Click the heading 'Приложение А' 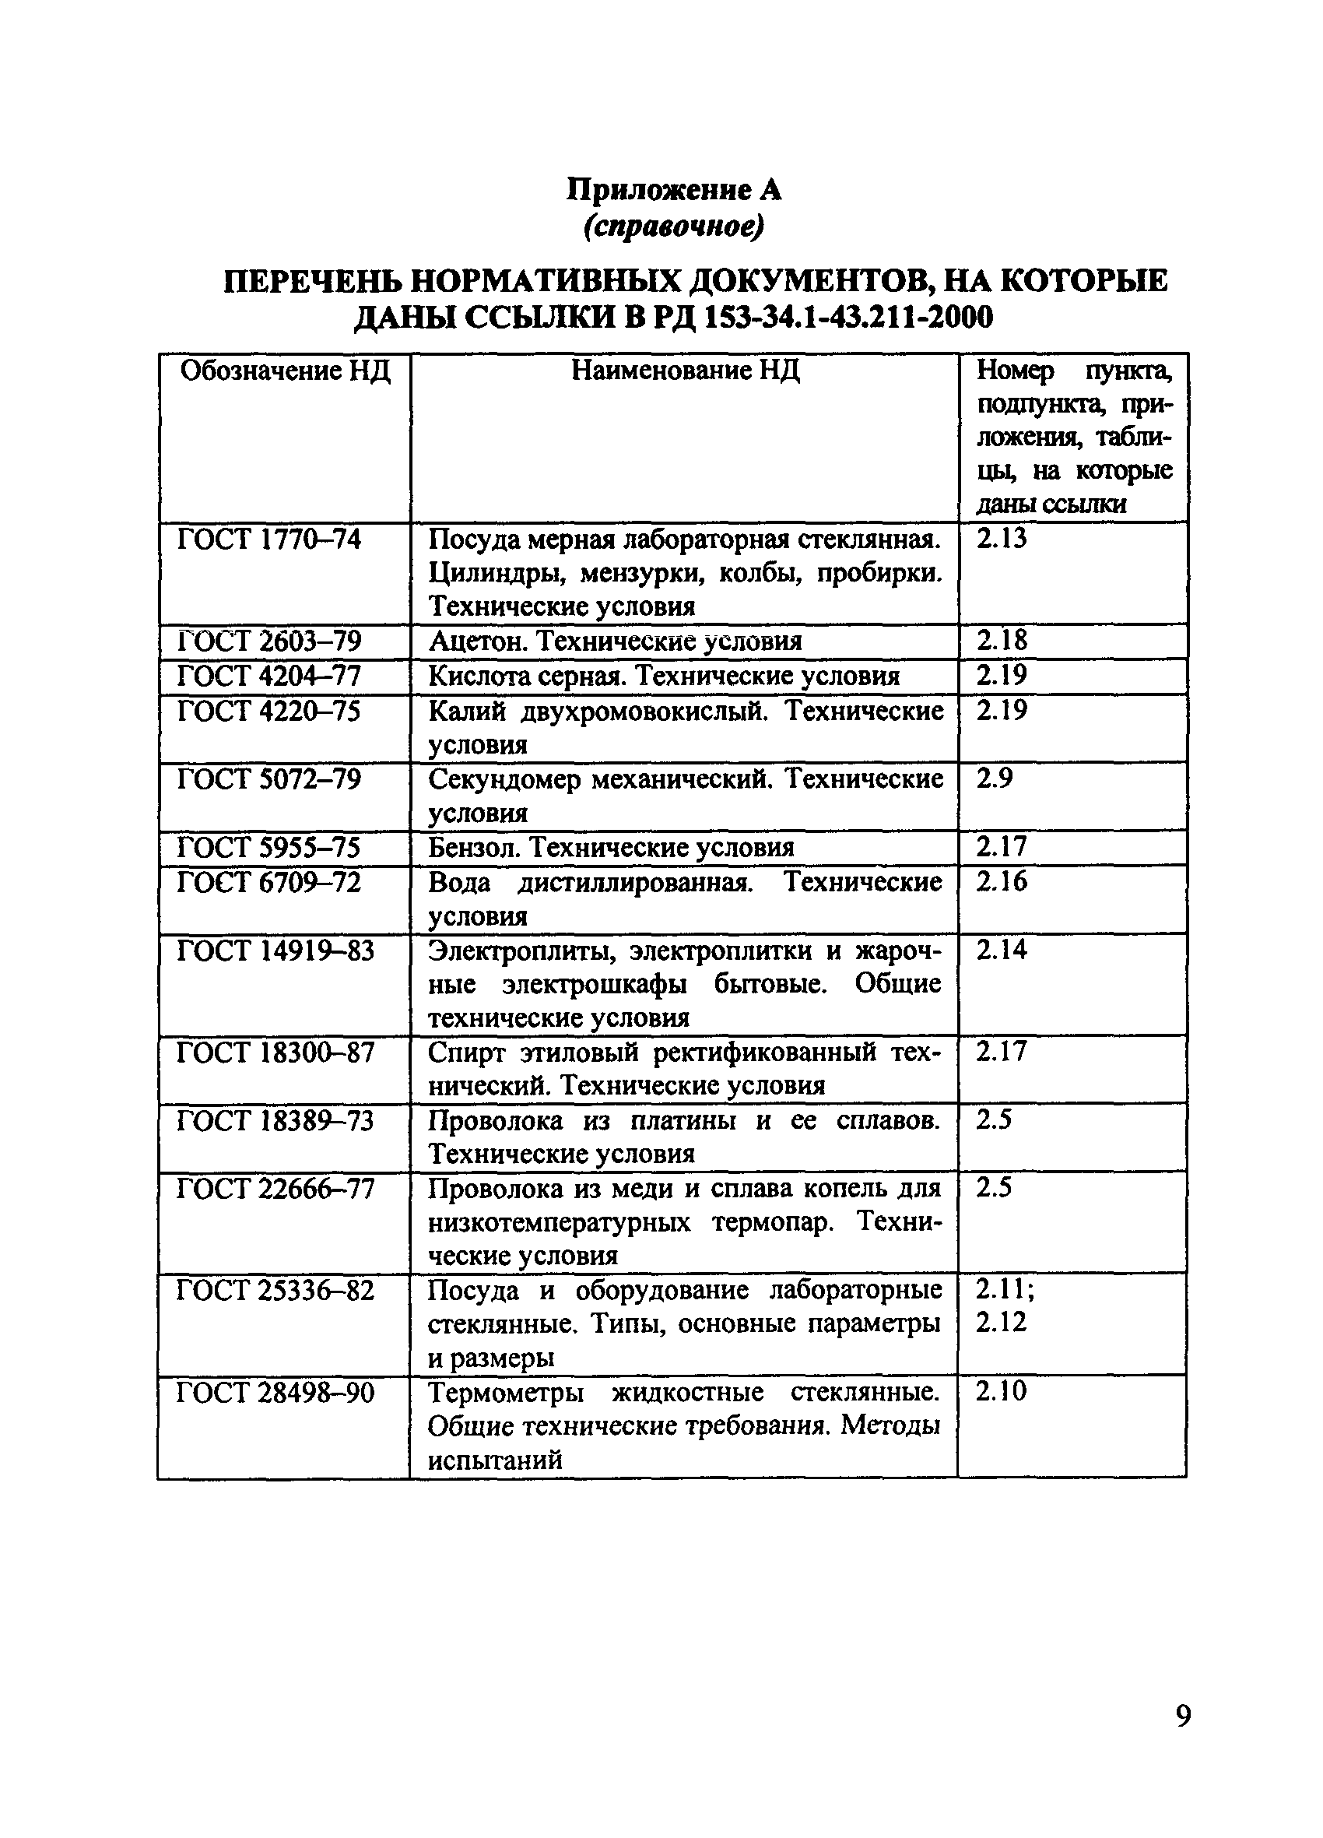pyautogui.click(x=672, y=190)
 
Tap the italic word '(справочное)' pyautogui.click(x=672, y=227)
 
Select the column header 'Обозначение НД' pyautogui.click(x=284, y=371)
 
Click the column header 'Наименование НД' pyautogui.click(x=685, y=371)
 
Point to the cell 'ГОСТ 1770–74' pyautogui.click(x=269, y=539)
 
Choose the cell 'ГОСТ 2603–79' pyautogui.click(x=269, y=641)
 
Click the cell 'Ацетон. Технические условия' pyautogui.click(x=615, y=641)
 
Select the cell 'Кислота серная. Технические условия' pyautogui.click(x=664, y=676)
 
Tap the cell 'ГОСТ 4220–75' pyautogui.click(x=269, y=712)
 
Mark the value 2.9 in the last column pyautogui.click(x=993, y=778)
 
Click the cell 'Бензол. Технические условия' pyautogui.click(x=611, y=848)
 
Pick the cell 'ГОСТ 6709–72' pyautogui.click(x=269, y=882)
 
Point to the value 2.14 pyautogui.click(x=1001, y=950)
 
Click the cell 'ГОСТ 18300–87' pyautogui.click(x=275, y=1053)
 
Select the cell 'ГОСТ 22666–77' pyautogui.click(x=275, y=1189)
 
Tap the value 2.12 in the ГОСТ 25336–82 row pyautogui.click(x=1001, y=1322)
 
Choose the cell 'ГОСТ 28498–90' pyautogui.click(x=275, y=1393)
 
